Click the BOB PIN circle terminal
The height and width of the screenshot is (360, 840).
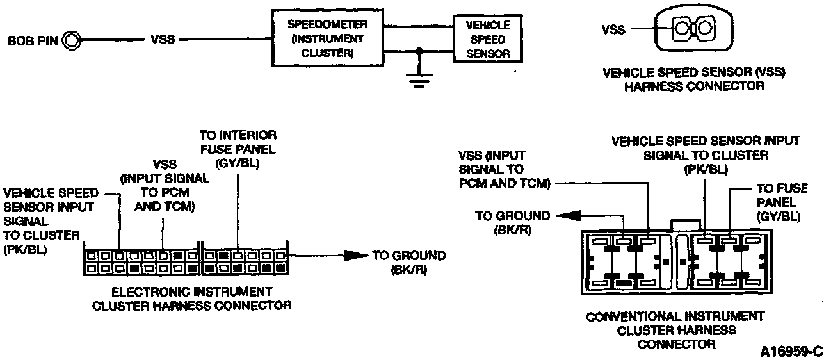click(x=72, y=41)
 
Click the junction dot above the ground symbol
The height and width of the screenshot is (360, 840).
click(x=419, y=50)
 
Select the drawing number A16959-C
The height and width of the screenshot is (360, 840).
click(x=790, y=352)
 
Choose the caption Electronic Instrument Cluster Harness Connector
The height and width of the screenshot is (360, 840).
click(x=191, y=298)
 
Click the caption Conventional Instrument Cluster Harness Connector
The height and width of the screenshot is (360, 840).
click(x=675, y=330)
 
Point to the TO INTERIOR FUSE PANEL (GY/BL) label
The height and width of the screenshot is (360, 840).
click(x=238, y=149)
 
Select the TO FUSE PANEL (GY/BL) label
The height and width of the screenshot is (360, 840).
click(x=778, y=202)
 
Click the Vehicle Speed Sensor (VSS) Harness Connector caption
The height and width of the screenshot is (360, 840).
click(x=694, y=79)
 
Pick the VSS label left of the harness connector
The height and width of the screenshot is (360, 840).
click(x=613, y=29)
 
